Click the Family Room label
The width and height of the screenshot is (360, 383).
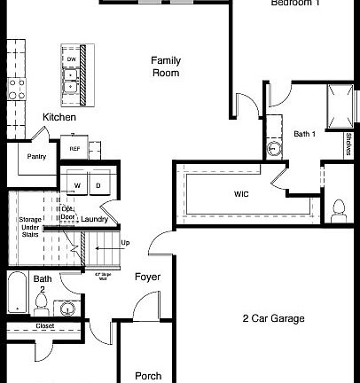click(x=165, y=66)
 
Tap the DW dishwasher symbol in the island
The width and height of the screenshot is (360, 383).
click(x=71, y=59)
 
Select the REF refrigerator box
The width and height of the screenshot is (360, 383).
click(x=75, y=149)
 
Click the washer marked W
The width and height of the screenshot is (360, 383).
click(x=77, y=184)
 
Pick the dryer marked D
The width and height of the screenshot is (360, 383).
click(x=97, y=184)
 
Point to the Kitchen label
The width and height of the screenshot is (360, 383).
click(x=59, y=117)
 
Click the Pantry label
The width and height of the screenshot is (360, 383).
click(x=36, y=157)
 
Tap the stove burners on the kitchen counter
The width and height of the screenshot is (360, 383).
click(x=15, y=87)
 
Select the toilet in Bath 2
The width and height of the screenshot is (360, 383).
click(x=41, y=304)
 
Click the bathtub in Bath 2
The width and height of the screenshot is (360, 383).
click(x=17, y=292)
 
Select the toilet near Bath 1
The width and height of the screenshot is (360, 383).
click(x=338, y=209)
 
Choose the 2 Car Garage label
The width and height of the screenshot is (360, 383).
click(x=273, y=318)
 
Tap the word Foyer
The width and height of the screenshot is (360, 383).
click(x=147, y=277)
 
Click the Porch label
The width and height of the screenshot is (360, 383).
click(x=148, y=376)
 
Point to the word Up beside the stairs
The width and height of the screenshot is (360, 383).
click(x=124, y=242)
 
